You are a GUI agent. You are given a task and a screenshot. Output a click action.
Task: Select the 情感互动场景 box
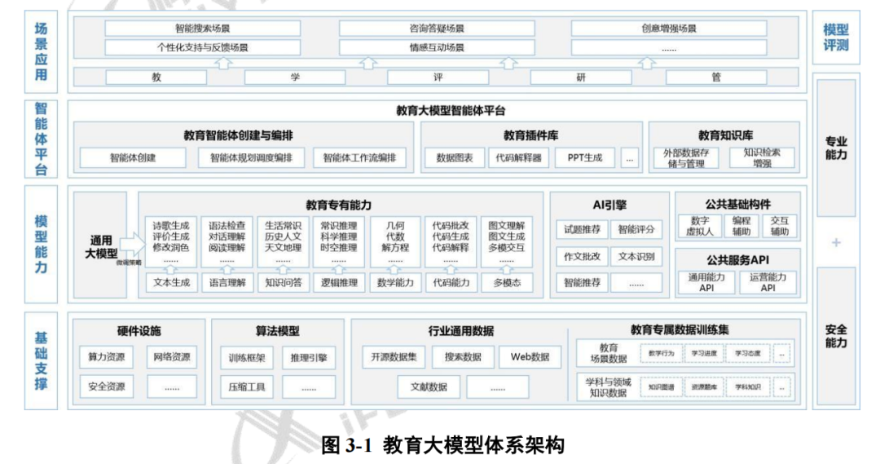coord(436,47)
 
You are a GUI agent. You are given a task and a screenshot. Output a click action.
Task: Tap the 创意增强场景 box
coord(669,29)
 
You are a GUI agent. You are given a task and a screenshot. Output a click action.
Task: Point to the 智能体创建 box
coord(133,157)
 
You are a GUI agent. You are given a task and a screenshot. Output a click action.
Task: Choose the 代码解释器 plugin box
coord(518,157)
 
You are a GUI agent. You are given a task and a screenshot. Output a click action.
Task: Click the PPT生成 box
coord(584,157)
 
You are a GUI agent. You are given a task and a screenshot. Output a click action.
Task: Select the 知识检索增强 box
coord(762,157)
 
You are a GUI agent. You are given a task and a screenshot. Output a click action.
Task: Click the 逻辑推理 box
coord(339,283)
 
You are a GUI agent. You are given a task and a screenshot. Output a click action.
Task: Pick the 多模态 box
coord(507,283)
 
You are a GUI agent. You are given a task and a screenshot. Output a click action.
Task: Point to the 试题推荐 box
coord(582,229)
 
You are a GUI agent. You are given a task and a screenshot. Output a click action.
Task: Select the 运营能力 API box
coord(768,282)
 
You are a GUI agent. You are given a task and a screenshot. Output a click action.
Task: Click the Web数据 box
coord(530,357)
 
